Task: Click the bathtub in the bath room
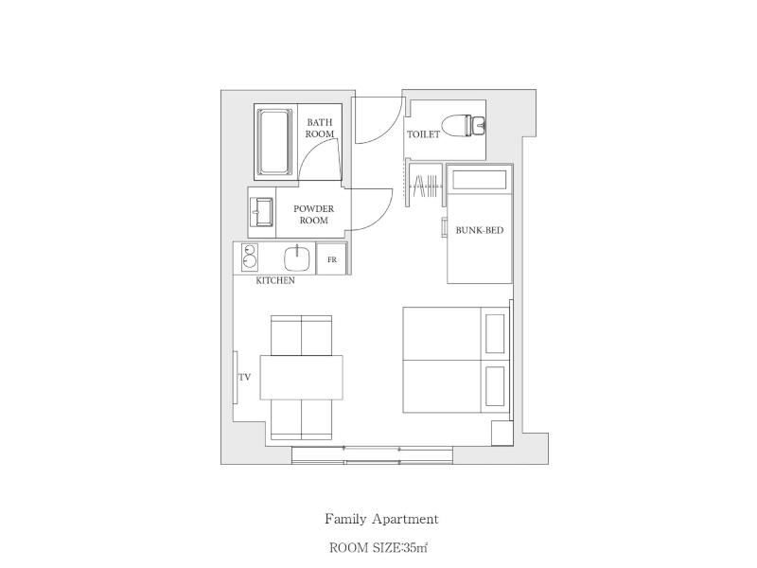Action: tap(274, 142)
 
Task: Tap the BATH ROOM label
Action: tap(320, 128)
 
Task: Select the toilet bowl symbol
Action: tap(464, 125)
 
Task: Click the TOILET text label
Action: tap(423, 134)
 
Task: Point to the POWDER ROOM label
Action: tap(314, 215)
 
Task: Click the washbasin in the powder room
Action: tap(262, 211)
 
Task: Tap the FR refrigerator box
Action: tap(332, 259)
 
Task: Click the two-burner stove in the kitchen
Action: tap(249, 257)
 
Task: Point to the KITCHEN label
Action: tap(275, 280)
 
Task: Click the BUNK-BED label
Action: tap(480, 230)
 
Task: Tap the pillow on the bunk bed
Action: tap(479, 180)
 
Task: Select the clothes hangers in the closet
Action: tap(425, 186)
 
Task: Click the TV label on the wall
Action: tap(245, 377)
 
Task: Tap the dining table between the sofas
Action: tap(302, 377)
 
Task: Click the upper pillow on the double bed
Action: tap(495, 334)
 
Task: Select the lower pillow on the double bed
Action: tap(495, 386)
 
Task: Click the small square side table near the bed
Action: tap(502, 434)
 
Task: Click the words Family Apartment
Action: tap(381, 519)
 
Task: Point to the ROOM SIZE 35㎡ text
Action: tap(378, 548)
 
